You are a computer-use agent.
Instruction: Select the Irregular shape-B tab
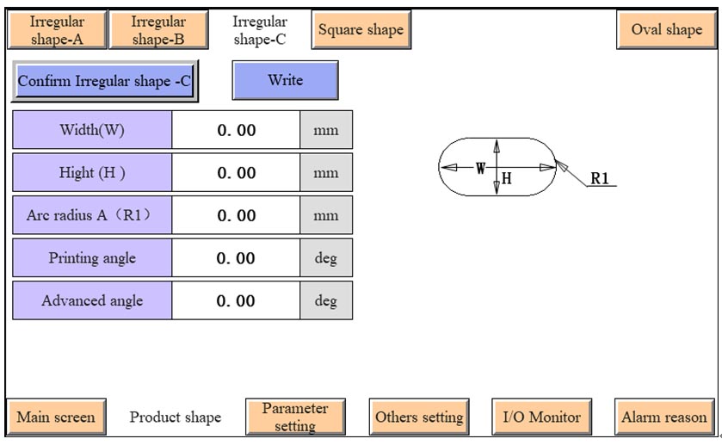tap(157, 30)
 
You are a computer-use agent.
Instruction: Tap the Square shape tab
tap(361, 30)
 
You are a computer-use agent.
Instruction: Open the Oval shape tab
tap(666, 30)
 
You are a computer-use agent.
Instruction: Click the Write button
tap(285, 80)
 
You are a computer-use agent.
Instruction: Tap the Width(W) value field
tap(236, 131)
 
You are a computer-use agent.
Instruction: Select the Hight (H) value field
tap(236, 173)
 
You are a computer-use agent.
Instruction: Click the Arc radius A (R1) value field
tap(236, 215)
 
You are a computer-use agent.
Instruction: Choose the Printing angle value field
tap(236, 258)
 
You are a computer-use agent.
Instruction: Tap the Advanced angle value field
tap(236, 300)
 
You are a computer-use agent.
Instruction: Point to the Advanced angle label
tap(92, 300)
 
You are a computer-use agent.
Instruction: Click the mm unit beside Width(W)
tap(326, 131)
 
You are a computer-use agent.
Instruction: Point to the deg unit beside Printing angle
tap(326, 258)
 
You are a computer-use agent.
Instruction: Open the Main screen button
tap(56, 417)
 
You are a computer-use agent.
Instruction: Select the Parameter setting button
tap(294, 417)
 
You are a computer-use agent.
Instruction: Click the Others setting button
tap(419, 417)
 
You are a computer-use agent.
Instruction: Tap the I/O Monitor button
tap(541, 417)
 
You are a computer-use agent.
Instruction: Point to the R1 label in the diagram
tap(600, 179)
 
